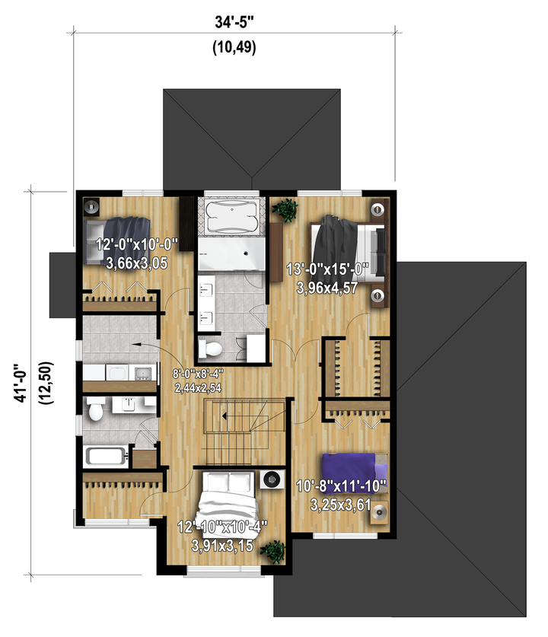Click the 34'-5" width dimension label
coord(234,22)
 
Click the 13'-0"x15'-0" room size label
coord(327,269)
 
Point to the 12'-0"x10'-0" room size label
coord(137,244)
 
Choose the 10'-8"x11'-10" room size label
coord(342,486)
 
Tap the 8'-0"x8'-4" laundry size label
coord(198,373)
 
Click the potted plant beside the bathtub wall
coord(285,210)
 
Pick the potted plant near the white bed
coord(273,551)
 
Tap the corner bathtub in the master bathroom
coord(231,216)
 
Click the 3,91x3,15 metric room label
coord(222,546)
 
